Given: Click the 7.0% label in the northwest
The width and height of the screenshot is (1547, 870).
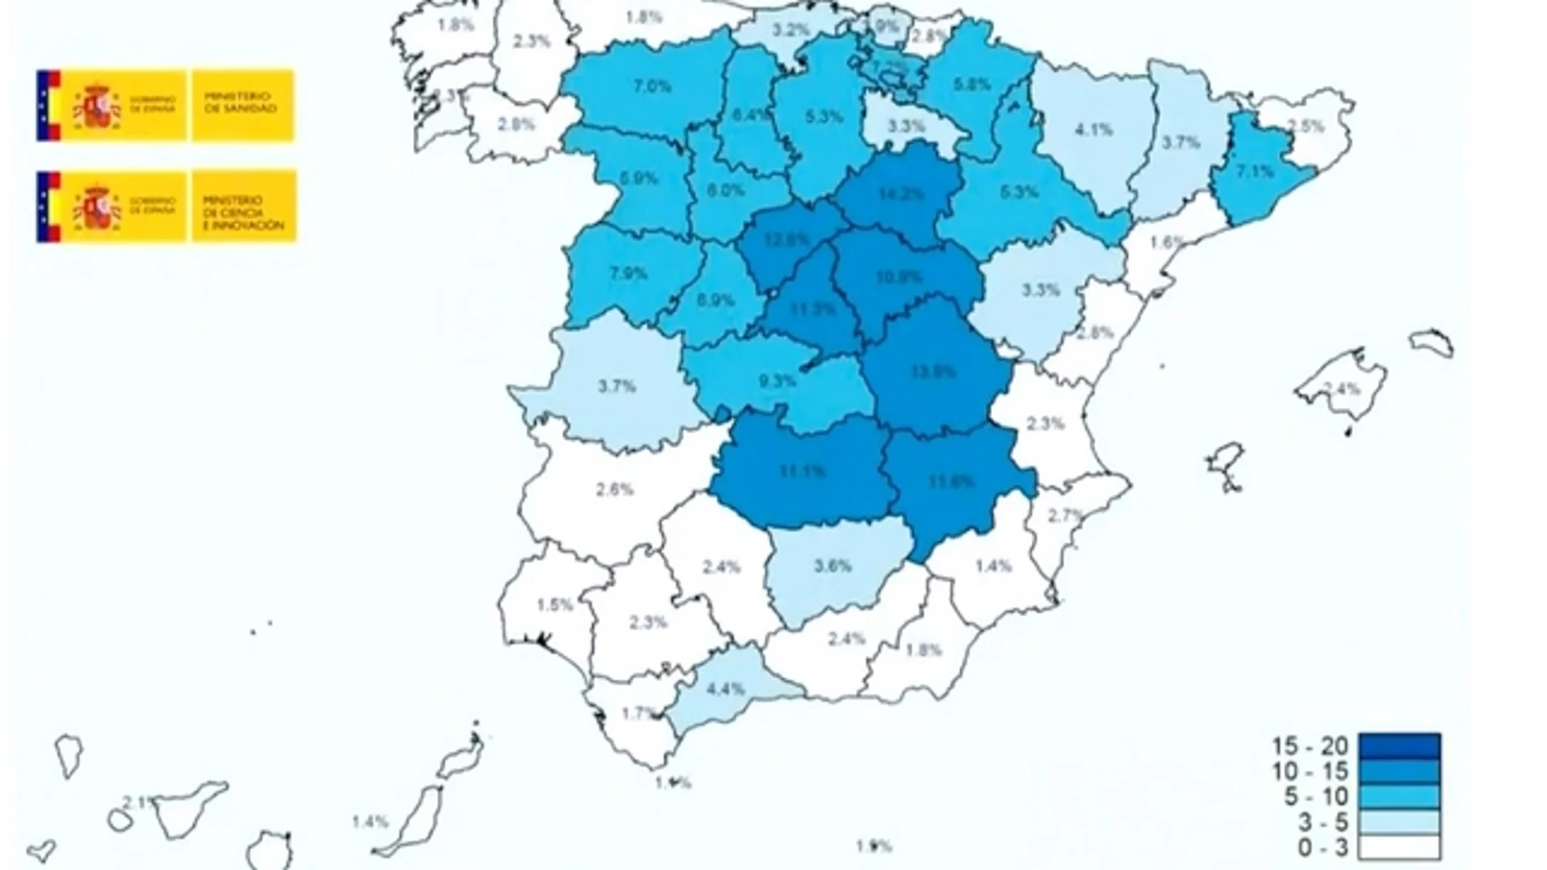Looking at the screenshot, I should (x=652, y=86).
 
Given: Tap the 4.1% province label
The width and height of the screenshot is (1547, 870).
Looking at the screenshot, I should (x=1093, y=129).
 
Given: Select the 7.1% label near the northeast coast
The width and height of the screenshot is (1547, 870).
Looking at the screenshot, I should (x=1255, y=171).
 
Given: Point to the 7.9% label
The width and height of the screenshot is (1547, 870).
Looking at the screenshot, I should (x=629, y=273).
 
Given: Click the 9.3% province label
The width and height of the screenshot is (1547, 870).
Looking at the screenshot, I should (x=778, y=379).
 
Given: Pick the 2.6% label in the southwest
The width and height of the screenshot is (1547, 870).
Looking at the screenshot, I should (x=615, y=489).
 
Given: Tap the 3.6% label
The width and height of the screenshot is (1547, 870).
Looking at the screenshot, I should (x=833, y=566).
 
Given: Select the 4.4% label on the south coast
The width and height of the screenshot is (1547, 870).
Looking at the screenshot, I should (x=725, y=689).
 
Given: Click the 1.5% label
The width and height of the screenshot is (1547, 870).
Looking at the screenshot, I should (x=555, y=605).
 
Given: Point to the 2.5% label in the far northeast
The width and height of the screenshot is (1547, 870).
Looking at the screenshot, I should (x=1307, y=127).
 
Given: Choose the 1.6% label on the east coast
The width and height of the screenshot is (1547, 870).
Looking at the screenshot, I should (x=1167, y=242).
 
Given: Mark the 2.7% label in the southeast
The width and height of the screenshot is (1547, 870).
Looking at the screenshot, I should (x=1065, y=515).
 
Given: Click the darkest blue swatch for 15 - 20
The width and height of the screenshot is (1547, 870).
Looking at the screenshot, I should (x=1398, y=745).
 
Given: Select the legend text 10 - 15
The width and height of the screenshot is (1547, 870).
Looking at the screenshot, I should (x=1310, y=771).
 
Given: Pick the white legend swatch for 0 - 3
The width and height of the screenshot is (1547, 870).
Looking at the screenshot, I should (x=1398, y=847).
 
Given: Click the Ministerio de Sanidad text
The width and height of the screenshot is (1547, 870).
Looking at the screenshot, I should (x=240, y=102).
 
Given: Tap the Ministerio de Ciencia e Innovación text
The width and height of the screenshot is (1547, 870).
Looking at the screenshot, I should (x=243, y=212).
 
